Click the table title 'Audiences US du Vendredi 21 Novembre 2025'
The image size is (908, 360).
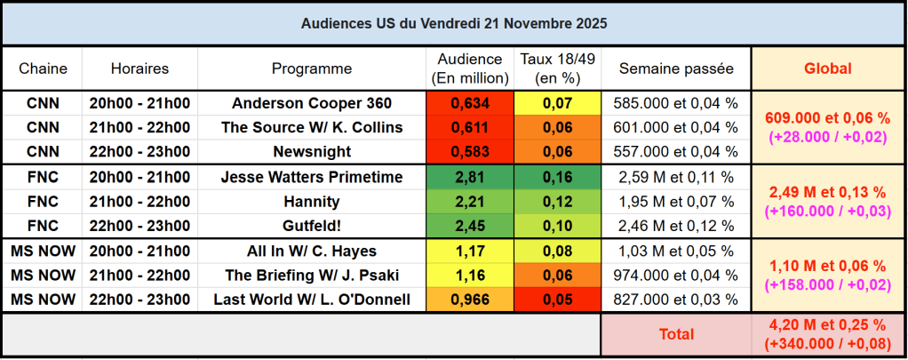tap(454, 23)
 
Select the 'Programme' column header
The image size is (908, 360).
tap(311, 68)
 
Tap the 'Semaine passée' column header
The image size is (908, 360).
tap(676, 68)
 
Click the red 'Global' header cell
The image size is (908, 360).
tap(827, 68)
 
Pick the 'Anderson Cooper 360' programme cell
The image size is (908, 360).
tap(311, 103)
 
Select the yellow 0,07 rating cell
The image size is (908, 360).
tap(558, 103)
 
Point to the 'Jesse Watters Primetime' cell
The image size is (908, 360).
tap(311, 177)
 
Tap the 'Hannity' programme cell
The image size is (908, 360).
tap(311, 201)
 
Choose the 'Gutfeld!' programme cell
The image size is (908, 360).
tap(311, 226)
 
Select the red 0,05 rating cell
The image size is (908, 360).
tap(558, 300)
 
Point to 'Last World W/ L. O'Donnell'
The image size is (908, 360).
tap(311, 300)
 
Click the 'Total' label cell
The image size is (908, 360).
tap(676, 334)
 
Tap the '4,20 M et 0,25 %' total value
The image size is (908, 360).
tap(827, 326)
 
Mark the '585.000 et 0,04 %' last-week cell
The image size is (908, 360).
tap(676, 103)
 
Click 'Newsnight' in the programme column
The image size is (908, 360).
tap(311, 152)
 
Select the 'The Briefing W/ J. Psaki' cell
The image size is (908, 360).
tap(311, 275)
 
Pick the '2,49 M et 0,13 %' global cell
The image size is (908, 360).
tap(827, 192)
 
